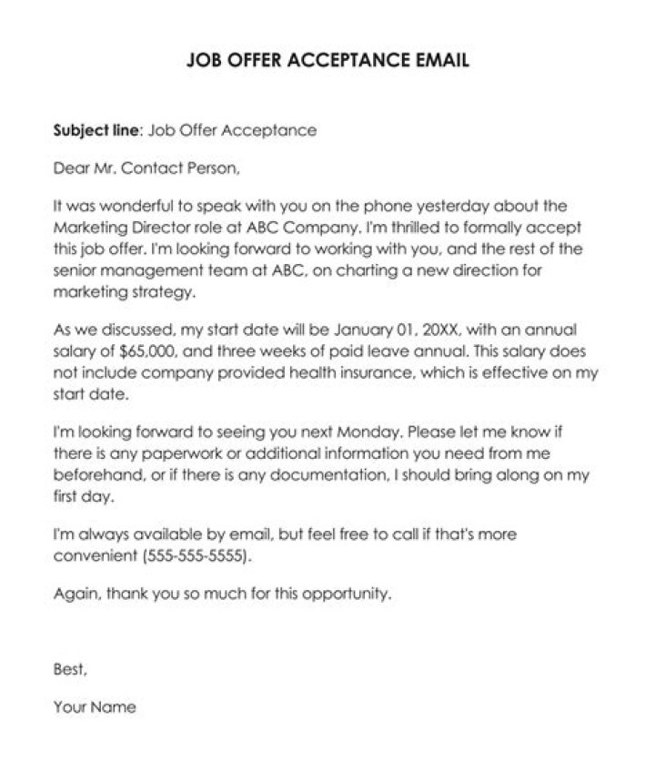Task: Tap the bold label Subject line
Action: pyautogui.click(x=95, y=130)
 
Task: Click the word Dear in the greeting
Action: pyautogui.click(x=72, y=168)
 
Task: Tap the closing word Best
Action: pyautogui.click(x=70, y=669)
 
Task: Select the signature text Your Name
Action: pyautogui.click(x=95, y=707)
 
